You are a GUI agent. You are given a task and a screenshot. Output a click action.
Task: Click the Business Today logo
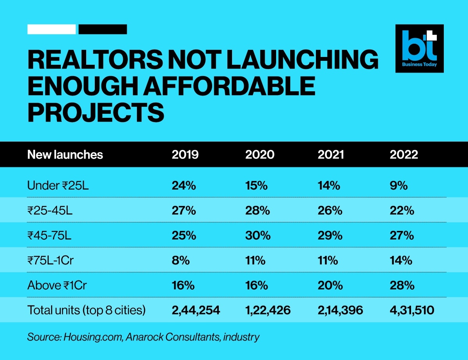coord(420,48)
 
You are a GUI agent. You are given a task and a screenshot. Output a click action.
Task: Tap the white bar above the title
coord(51,29)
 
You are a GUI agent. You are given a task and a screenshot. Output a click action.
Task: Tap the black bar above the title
coord(103,29)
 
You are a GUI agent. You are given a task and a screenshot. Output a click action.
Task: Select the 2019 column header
coord(185,154)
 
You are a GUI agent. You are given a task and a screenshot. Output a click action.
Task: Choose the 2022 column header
coord(404,154)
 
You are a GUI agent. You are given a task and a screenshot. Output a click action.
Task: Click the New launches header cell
coord(65,154)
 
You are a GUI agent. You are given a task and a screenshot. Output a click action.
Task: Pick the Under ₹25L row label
coord(58,185)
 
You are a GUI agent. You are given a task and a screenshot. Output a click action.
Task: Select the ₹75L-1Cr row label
coord(50,261)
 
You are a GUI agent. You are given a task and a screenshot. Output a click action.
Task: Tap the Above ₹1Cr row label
coord(57,286)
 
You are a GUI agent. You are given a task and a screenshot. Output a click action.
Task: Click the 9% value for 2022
coord(399,185)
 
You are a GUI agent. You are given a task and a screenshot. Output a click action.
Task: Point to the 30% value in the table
coord(256,236)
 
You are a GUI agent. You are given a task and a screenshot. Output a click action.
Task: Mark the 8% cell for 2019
coord(181,261)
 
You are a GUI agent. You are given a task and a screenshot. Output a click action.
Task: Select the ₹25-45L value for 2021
coord(330,211)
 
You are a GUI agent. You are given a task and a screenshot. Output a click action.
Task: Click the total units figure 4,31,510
coord(412,310)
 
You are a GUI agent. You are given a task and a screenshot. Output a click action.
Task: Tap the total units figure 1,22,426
coord(268,310)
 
